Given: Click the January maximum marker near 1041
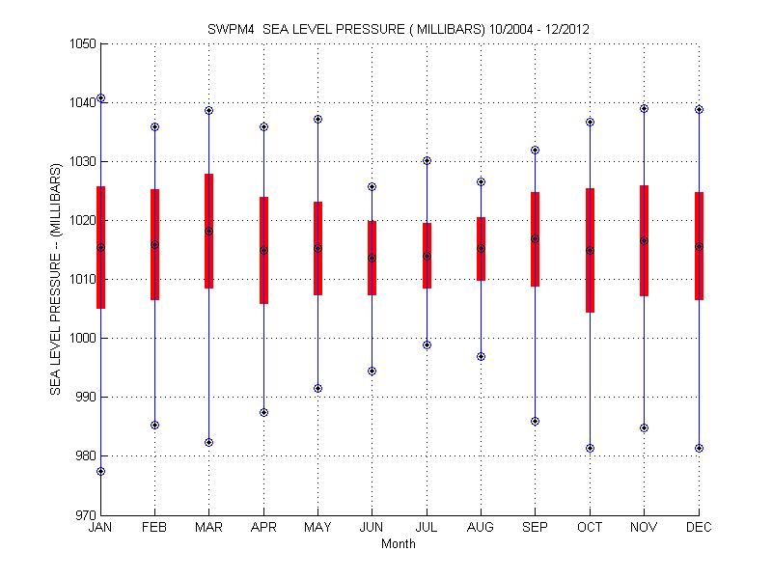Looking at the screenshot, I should tap(101, 98).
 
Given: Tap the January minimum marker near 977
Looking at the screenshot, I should tap(101, 471).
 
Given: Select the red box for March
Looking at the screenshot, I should tap(208, 231).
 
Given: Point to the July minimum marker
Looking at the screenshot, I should tap(427, 345).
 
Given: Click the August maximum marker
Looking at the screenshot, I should tap(481, 181).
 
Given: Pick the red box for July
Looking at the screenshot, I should tap(427, 256).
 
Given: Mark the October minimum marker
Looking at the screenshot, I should tap(590, 448).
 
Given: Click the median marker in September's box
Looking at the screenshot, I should tap(535, 238).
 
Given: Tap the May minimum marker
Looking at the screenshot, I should tap(317, 388).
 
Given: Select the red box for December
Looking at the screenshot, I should tap(699, 246).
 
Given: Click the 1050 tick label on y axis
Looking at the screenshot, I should tap(80, 43).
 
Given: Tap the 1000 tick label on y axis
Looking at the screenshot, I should tap(80, 339).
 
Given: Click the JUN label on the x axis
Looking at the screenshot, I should tap(372, 528).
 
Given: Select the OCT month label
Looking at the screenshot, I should tap(590, 528).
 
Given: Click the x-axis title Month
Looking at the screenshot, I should tap(399, 543).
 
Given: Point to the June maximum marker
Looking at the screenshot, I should tap(372, 186).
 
